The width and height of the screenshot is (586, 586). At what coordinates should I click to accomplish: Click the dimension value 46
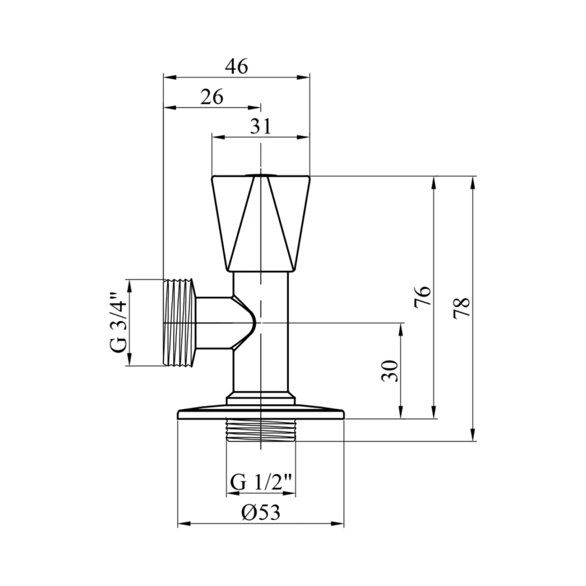[237, 67]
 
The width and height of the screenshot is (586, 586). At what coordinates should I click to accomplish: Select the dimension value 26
[212, 97]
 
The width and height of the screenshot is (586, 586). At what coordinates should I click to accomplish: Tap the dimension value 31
[261, 127]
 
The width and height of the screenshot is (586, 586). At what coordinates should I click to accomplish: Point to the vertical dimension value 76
[423, 297]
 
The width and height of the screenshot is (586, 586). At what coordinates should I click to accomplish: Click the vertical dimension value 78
[461, 309]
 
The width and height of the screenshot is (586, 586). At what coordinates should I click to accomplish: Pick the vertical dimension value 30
[390, 371]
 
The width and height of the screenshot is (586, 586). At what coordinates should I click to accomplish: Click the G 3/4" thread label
[120, 322]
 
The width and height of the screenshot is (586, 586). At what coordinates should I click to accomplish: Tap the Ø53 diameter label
[261, 512]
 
